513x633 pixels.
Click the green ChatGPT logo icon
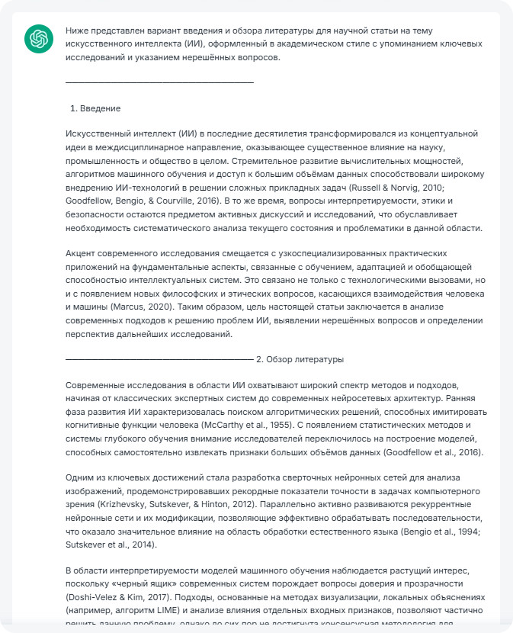[37, 38]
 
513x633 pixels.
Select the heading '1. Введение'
[100, 108]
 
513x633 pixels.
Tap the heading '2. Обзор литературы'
[300, 358]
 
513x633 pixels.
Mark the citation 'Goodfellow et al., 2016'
[426, 451]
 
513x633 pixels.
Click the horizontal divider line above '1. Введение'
[159, 82]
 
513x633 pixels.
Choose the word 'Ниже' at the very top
[77, 31]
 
